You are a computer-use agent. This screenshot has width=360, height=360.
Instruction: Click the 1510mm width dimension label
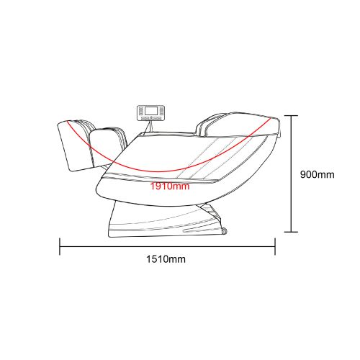click(x=166, y=259)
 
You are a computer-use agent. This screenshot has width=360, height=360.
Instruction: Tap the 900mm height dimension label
click(x=317, y=174)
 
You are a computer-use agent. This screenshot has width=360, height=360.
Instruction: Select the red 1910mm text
click(x=170, y=186)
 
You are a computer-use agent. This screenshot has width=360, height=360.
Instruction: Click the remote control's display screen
click(x=151, y=111)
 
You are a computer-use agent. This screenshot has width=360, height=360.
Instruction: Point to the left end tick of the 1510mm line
click(x=60, y=246)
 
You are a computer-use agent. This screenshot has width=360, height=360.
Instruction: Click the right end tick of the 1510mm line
click(x=275, y=246)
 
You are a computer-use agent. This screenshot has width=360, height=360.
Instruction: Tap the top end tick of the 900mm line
click(x=291, y=116)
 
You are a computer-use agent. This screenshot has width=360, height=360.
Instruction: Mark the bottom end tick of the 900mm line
click(x=291, y=232)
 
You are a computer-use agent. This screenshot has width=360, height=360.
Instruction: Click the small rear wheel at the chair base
click(x=225, y=231)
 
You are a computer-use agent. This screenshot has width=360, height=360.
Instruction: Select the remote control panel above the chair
click(x=151, y=113)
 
